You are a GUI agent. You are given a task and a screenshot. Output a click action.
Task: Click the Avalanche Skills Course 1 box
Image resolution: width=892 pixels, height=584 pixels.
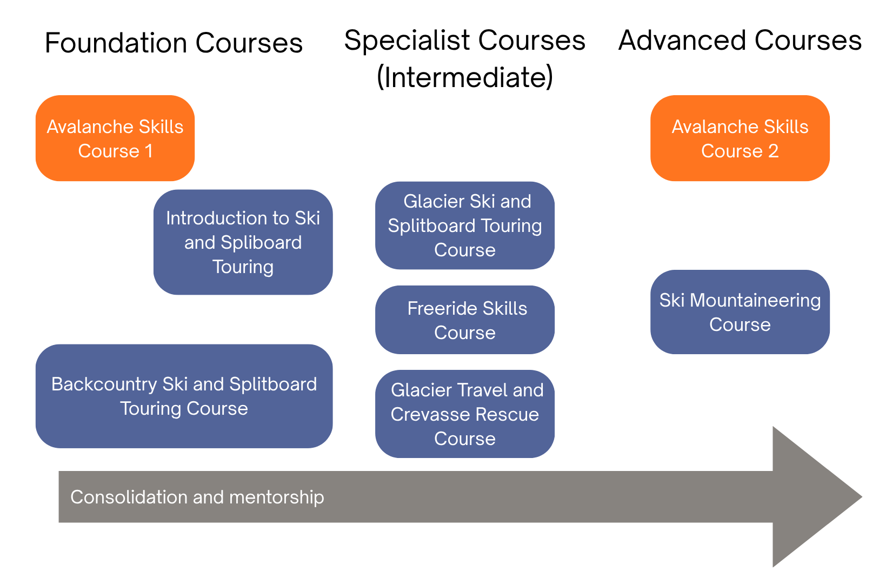pyautogui.click(x=115, y=138)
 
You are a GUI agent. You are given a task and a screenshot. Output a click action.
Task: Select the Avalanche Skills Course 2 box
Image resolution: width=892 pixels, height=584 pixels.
pyautogui.click(x=740, y=138)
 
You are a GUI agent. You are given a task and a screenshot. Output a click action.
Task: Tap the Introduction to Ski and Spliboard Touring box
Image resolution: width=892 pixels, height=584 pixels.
pyautogui.click(x=243, y=242)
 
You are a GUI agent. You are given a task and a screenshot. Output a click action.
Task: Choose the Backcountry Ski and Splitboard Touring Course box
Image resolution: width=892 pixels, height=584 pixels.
pyautogui.click(x=184, y=396)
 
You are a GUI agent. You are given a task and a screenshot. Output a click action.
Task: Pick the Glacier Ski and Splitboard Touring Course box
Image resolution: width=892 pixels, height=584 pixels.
pyautogui.click(x=464, y=225)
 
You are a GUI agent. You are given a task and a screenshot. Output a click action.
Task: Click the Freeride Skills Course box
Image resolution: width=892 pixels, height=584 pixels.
pyautogui.click(x=464, y=320)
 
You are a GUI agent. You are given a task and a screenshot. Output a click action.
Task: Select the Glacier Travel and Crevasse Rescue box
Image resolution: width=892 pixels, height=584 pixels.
pyautogui.click(x=464, y=414)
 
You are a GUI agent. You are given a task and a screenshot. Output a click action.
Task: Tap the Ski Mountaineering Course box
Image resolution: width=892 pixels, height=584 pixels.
pyautogui.click(x=740, y=312)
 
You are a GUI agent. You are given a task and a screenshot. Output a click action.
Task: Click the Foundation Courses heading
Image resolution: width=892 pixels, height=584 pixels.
pyautogui.click(x=174, y=43)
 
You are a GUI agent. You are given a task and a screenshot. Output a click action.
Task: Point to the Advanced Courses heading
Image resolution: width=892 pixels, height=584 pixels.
pyautogui.click(x=740, y=40)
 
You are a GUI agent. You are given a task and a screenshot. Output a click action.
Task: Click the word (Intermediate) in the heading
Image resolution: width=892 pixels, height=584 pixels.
pyautogui.click(x=464, y=77)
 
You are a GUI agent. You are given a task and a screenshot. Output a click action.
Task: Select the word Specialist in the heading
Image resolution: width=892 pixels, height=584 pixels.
pyautogui.click(x=407, y=40)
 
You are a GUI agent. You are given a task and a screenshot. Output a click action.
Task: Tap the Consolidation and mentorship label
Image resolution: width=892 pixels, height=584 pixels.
pyautogui.click(x=197, y=497)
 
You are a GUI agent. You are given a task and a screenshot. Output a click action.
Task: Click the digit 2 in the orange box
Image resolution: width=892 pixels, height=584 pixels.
pyautogui.click(x=773, y=151)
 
